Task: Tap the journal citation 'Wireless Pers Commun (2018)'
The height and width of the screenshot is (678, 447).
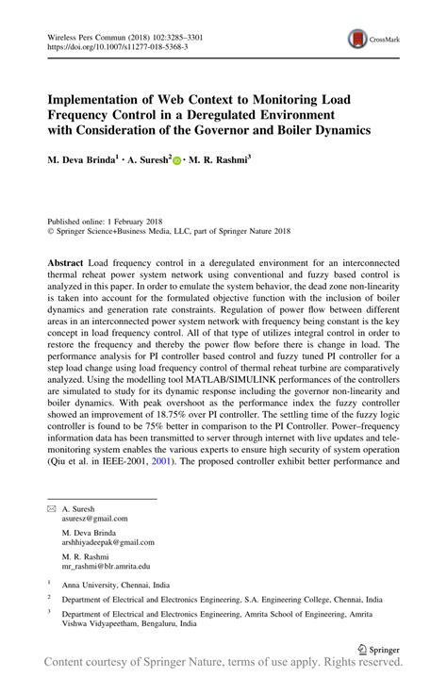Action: pos(94,32)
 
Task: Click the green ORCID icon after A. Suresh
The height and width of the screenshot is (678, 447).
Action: pos(176,162)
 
